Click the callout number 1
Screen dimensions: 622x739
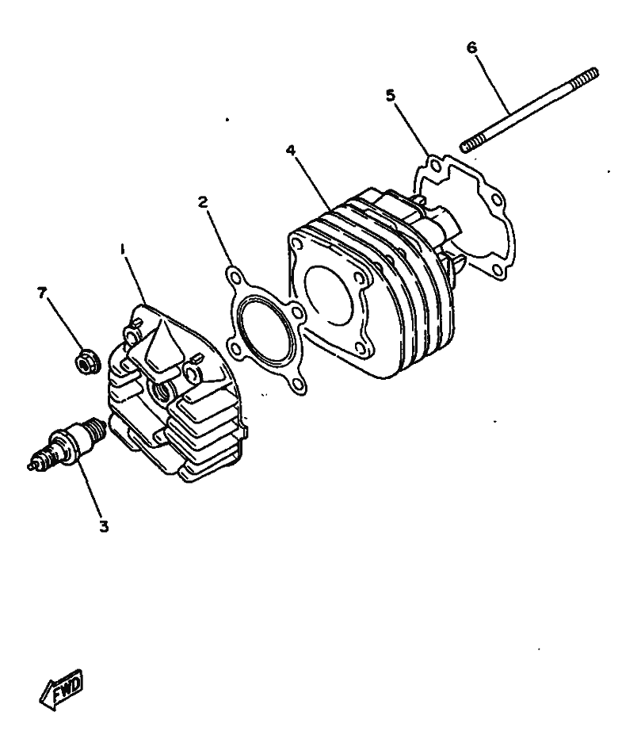tap(123, 249)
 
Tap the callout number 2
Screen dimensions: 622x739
tap(203, 202)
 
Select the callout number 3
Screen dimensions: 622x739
tap(104, 526)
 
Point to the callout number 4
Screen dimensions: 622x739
tap(291, 151)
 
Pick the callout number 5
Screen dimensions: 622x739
tap(391, 96)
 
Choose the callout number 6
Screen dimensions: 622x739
tap(471, 48)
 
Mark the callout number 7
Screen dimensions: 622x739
tap(42, 293)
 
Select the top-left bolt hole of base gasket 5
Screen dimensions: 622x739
tap(436, 166)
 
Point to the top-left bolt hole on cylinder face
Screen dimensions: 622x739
tap(296, 243)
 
